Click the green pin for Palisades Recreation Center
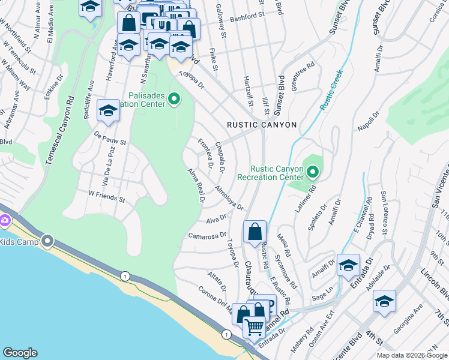pyautogui.click(x=174, y=99)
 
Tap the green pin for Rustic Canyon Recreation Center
pyautogui.click(x=312, y=173)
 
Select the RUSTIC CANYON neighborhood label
pyautogui.click(x=262, y=125)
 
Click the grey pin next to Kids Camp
pyautogui.click(x=47, y=242)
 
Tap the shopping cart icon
pyautogui.click(x=255, y=327)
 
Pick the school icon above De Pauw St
pyautogui.click(x=108, y=110)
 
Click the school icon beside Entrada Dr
pyautogui.click(x=348, y=265)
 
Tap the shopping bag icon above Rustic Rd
pyautogui.click(x=255, y=231)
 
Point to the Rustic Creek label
pyautogui.click(x=331, y=89)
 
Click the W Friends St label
pyautogui.click(x=106, y=196)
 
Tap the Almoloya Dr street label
pyautogui.click(x=229, y=198)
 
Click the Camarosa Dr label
pyautogui.click(x=207, y=236)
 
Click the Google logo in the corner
pyautogui.click(x=20, y=353)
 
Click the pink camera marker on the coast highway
pyautogui.click(x=5, y=221)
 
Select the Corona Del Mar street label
pyautogui.click(x=215, y=300)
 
